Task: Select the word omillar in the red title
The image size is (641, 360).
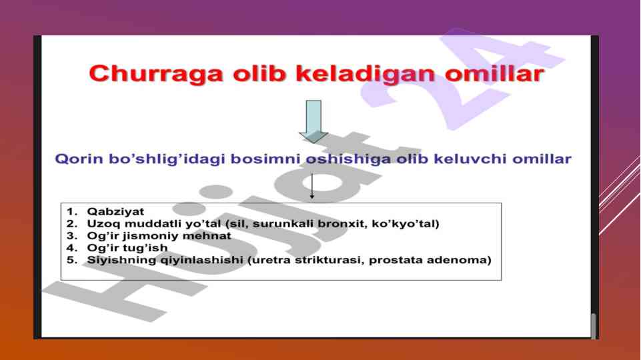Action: click(495, 73)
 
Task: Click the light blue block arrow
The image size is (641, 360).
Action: click(313, 121)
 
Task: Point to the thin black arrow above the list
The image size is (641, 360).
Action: click(312, 187)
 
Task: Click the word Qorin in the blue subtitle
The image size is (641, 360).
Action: click(79, 159)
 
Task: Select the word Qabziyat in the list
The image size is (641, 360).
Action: click(115, 212)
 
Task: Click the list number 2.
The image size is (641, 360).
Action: click(71, 224)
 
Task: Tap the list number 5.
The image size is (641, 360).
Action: click(71, 260)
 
